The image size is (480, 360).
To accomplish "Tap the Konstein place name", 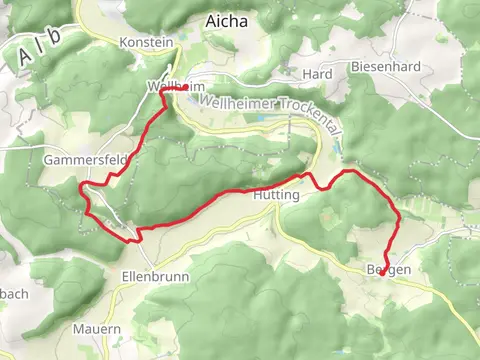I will click(x=146, y=43).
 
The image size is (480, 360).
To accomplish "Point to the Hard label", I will click(x=316, y=74).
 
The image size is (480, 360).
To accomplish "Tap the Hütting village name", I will click(x=277, y=196).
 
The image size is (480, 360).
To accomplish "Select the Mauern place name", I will click(x=97, y=328).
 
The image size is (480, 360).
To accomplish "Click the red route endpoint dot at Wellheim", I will click(x=186, y=88).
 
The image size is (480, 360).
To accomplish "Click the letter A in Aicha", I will click(x=210, y=20).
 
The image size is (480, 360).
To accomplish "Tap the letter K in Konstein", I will click(x=123, y=43).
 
